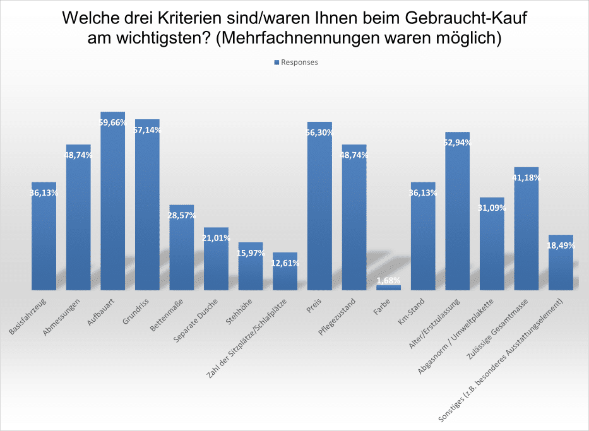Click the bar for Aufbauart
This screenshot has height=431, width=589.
point(113,202)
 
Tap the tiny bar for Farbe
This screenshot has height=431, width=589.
point(388,287)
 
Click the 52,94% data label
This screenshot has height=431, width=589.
point(458,143)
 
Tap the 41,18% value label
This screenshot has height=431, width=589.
point(527,178)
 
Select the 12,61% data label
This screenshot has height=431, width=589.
point(285,263)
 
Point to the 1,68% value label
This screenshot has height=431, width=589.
point(388,280)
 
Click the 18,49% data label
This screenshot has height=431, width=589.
point(561,245)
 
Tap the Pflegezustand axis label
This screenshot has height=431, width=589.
point(347,312)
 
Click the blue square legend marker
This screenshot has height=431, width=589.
point(277,62)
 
